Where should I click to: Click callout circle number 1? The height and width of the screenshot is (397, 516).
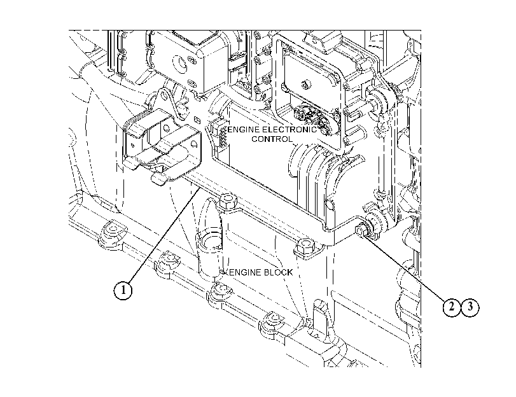[123, 290]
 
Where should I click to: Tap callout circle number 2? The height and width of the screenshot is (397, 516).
[452, 307]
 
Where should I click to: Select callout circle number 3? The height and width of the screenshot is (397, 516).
[470, 307]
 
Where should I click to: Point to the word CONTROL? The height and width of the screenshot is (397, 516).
[272, 139]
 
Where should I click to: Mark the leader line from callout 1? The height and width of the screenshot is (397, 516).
[164, 235]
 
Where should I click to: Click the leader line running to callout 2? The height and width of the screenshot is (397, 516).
[405, 267]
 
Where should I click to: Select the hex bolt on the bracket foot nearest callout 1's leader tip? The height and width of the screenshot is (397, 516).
[228, 201]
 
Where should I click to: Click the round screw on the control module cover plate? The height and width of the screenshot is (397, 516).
[305, 84]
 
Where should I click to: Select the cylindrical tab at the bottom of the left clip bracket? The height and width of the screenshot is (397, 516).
[158, 179]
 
